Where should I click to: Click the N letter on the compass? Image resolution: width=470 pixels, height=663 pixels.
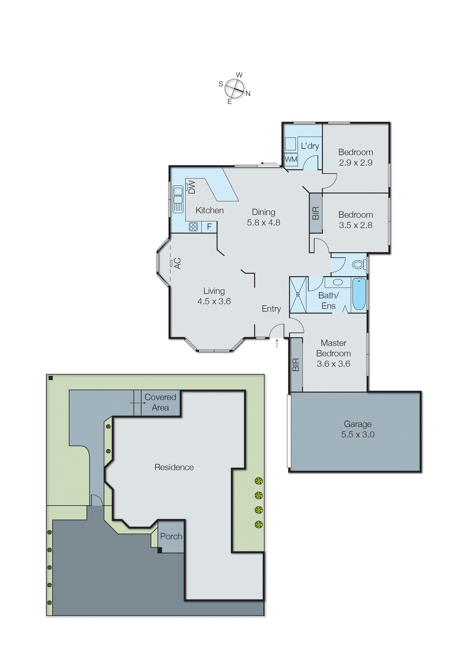(248, 94)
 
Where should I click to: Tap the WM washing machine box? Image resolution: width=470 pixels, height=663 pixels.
(291, 159)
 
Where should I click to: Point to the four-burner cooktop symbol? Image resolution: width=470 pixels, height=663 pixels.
(193, 227)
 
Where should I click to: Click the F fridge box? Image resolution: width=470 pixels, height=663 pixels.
(209, 227)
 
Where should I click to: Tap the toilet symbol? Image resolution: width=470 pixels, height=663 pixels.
(359, 264)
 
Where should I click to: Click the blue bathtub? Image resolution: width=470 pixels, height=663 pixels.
(359, 294)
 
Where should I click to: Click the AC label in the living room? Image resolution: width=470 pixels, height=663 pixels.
(177, 263)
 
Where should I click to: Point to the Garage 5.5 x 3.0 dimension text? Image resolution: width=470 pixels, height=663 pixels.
(358, 434)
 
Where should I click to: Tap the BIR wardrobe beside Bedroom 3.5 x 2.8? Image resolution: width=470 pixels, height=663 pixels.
(316, 213)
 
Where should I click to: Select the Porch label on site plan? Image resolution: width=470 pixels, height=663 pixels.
(171, 536)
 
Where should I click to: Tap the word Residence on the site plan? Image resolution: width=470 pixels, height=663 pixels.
(174, 467)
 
